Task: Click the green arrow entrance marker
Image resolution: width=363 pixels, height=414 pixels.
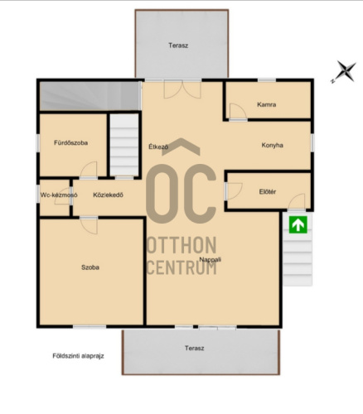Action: coord(298,224)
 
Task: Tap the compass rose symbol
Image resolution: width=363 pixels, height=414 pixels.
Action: coord(345,71)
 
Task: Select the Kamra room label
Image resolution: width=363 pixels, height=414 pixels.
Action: coord(266,104)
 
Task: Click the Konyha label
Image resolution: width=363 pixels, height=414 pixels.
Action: coord(272,145)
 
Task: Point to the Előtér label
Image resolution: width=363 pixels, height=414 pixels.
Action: coord(268,191)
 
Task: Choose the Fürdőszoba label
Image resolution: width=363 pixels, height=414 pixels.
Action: coord(70,142)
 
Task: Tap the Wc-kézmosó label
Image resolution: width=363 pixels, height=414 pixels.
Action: coord(59,195)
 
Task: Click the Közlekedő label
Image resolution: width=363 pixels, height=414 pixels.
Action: coord(108,195)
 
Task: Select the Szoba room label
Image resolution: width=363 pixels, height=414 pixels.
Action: coord(90,267)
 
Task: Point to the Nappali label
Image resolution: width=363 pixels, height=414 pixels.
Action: coord(211,259)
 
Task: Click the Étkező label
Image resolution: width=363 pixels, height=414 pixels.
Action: coord(158,147)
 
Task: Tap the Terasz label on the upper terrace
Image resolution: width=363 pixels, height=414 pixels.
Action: coord(178,46)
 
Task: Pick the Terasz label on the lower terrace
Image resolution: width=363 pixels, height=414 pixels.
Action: coord(195,348)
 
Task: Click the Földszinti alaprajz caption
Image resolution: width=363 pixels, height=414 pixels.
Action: coord(78,356)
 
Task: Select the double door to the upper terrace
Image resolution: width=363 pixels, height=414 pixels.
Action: coord(182,89)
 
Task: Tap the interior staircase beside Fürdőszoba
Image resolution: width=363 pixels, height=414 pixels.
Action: coord(124,145)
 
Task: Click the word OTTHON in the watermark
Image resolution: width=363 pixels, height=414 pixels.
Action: coord(181,245)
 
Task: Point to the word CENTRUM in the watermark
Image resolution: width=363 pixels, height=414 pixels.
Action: coord(181,267)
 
